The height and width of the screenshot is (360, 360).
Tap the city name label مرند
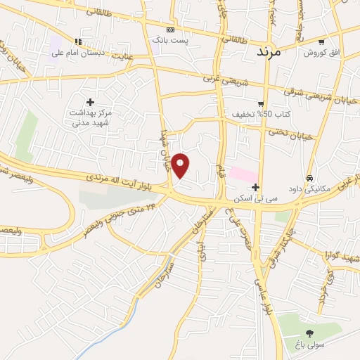269,51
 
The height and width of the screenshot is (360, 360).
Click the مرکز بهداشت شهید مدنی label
91,118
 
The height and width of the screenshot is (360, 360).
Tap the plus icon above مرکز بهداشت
90,103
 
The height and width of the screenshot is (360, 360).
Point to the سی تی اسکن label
258,200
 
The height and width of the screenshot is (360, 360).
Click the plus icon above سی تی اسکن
255,188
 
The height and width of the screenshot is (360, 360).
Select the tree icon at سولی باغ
309,333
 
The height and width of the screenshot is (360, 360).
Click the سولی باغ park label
309,345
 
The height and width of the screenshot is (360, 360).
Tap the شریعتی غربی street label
224,82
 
